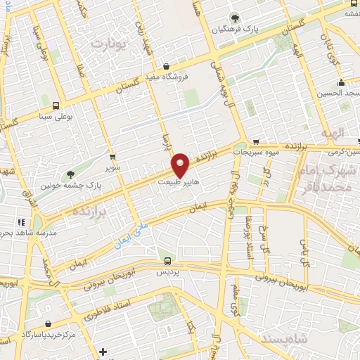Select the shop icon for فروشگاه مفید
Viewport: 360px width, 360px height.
(165, 67)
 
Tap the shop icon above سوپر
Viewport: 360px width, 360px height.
(112, 157)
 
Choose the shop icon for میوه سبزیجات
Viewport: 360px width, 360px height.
(256, 141)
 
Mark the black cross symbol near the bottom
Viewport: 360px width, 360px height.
(103, 351)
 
